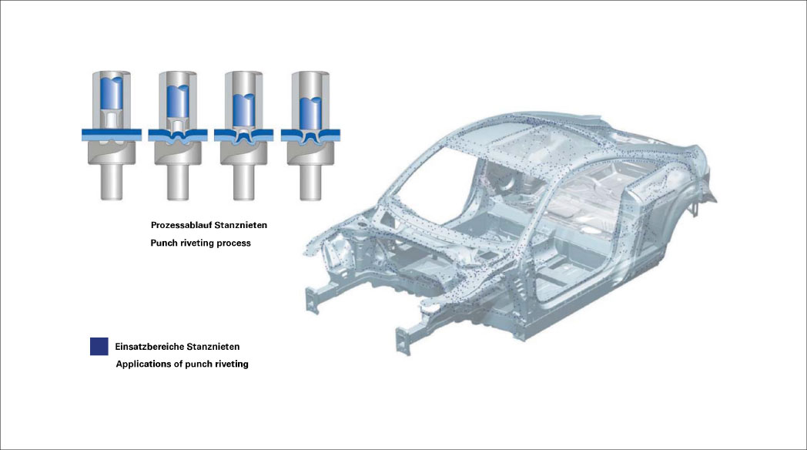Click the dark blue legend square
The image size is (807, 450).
click(99, 347)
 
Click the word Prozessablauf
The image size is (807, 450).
click(181, 225)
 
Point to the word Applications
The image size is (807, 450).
click(142, 364)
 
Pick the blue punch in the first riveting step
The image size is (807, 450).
click(111, 94)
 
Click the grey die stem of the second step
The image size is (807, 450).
click(178, 182)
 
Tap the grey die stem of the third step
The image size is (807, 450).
click(244, 182)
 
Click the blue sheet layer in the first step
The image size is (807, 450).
click(112, 134)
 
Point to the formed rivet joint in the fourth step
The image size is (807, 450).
click(310, 137)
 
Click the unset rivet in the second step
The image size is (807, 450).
click(178, 126)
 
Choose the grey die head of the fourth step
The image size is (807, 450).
click(310, 153)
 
